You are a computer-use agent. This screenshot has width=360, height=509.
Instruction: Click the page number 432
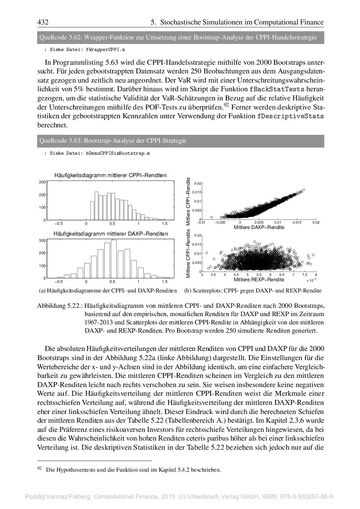tap(44, 22)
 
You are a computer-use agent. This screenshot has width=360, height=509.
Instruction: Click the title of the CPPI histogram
tap(110, 175)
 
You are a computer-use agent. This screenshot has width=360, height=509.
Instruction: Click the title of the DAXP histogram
tap(110, 234)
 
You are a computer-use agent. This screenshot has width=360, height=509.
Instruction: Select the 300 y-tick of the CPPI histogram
tap(42, 182)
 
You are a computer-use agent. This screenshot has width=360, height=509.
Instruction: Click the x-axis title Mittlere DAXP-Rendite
tap(259, 227)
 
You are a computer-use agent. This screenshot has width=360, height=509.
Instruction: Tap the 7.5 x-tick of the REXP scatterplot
tap(304, 275)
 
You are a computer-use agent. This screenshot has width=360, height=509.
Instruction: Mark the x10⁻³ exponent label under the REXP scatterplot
tap(311, 280)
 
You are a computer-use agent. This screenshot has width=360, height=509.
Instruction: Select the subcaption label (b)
tap(188, 290)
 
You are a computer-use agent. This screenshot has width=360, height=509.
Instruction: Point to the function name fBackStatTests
tap(277, 89)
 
